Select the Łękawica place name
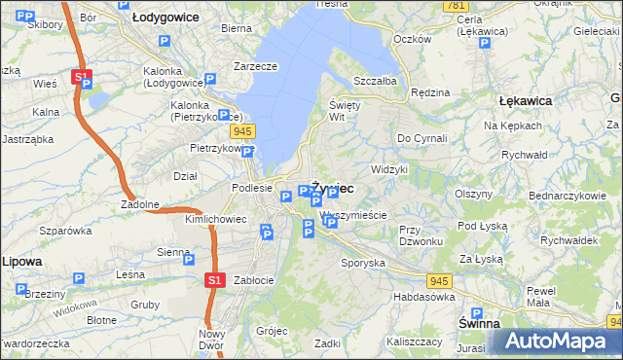[x=525, y=100]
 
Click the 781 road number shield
[x=454, y=6]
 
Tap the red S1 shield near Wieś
[x=81, y=76]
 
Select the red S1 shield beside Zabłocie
[x=215, y=280]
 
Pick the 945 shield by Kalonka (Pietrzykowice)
[x=243, y=130]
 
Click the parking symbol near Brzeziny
[x=78, y=278]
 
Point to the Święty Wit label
[x=345, y=110]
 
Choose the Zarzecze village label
[x=255, y=66]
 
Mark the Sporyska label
[x=362, y=263]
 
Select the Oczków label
[x=412, y=39]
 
